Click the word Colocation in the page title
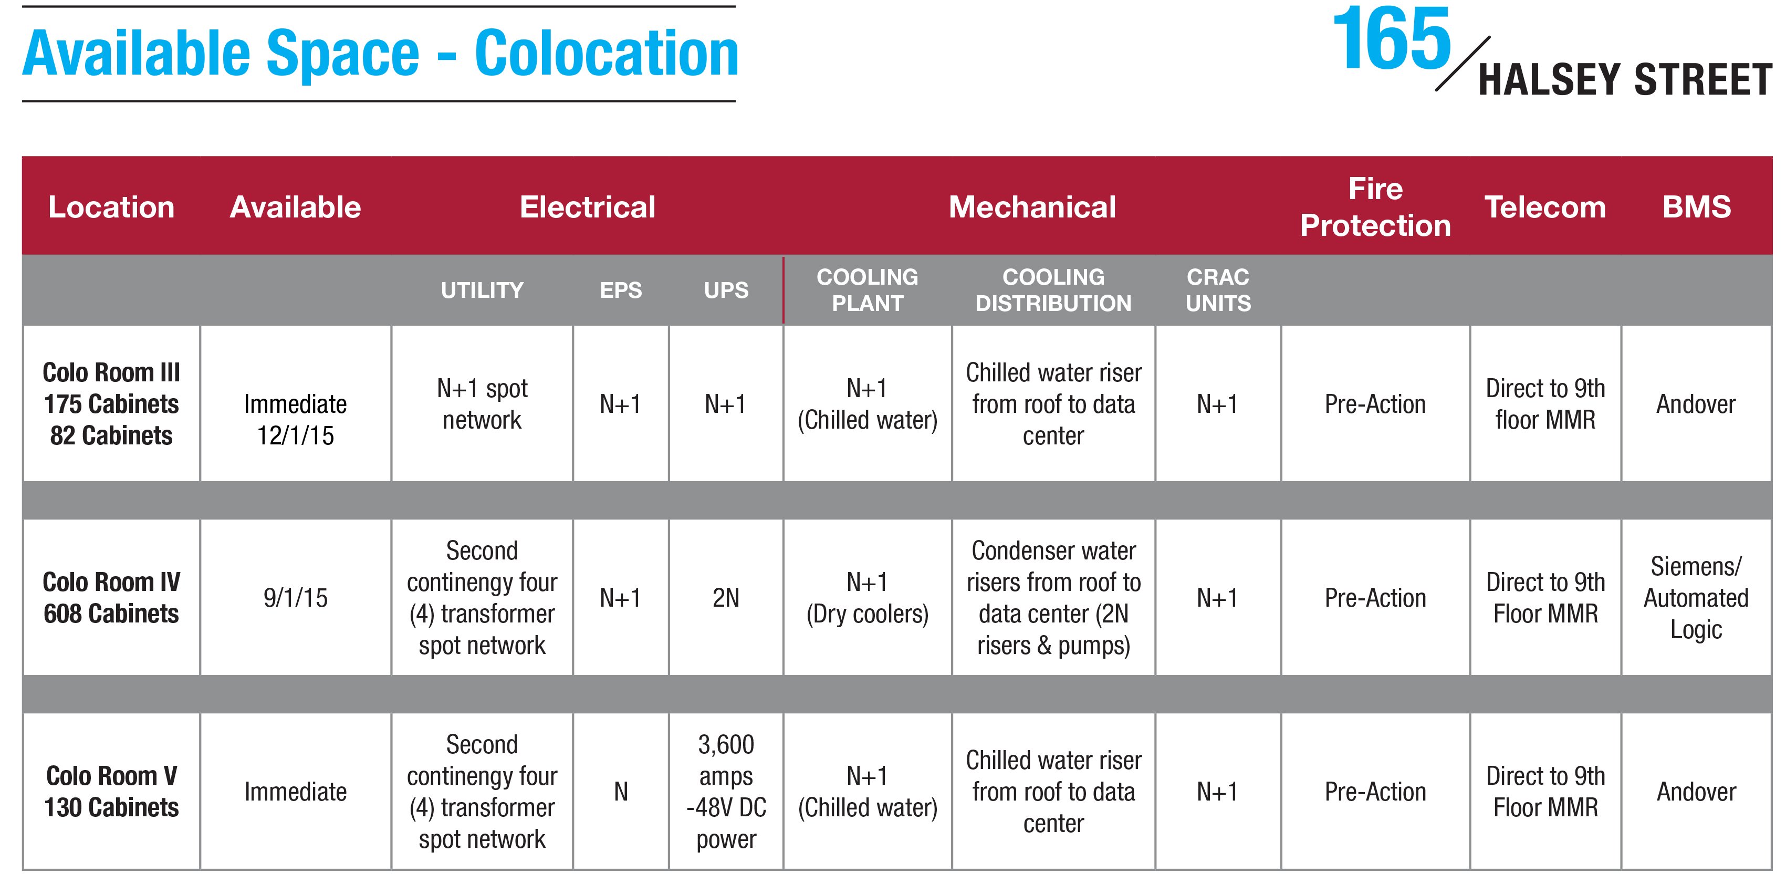[607, 54]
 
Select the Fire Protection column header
[1375, 207]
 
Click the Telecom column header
[1545, 207]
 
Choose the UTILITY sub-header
[482, 290]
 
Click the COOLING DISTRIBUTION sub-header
[1053, 290]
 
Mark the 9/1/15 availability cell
[295, 598]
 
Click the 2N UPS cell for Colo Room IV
[726, 598]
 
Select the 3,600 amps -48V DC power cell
[726, 792]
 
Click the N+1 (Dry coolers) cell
[868, 598]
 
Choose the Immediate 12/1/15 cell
[295, 419]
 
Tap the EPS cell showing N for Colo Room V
[621, 792]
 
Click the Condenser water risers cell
[1053, 598]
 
